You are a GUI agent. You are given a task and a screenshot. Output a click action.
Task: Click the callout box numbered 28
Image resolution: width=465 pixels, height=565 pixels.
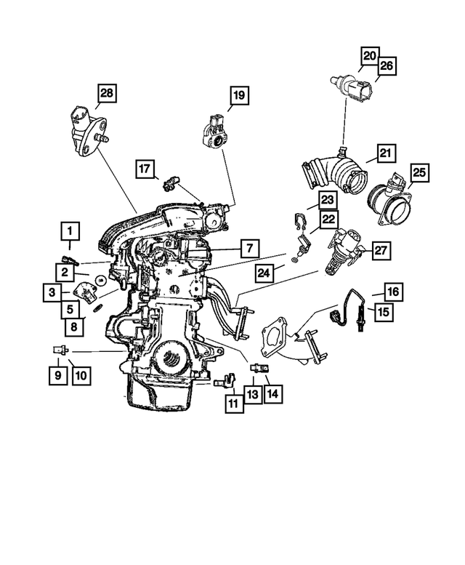(107, 93)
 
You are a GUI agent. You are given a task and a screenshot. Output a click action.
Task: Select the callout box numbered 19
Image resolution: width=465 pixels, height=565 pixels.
(239, 95)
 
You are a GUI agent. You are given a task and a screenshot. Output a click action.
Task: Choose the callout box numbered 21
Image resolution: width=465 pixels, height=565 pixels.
(385, 153)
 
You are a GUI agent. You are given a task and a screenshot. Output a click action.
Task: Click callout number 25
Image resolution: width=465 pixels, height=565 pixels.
(420, 173)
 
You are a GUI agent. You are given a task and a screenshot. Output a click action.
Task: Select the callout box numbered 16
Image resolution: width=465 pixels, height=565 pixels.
(392, 292)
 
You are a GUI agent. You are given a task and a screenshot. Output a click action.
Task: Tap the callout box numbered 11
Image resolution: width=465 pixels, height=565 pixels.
(233, 402)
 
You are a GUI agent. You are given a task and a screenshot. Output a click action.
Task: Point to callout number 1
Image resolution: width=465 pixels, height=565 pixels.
(70, 231)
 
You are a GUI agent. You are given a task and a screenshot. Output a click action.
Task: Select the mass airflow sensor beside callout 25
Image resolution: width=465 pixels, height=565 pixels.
(389, 200)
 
